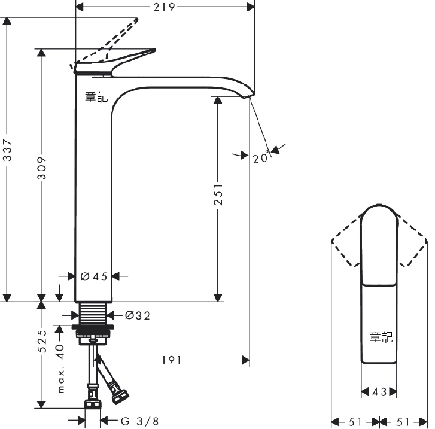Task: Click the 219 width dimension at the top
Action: click(x=164, y=7)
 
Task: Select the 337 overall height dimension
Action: click(x=7, y=150)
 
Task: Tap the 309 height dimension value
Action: click(x=42, y=168)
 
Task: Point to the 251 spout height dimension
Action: click(x=218, y=194)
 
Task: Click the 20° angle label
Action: click(x=260, y=157)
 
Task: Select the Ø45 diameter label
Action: click(x=94, y=276)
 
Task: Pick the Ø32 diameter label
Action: click(x=138, y=315)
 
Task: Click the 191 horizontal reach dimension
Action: click(x=171, y=360)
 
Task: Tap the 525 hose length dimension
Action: click(x=42, y=341)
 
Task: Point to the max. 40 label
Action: click(x=60, y=369)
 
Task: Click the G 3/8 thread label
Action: click(x=140, y=421)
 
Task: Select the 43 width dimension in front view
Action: click(x=379, y=392)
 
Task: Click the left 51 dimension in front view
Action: click(x=355, y=422)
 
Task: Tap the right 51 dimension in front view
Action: click(x=403, y=422)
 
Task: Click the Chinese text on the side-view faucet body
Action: click(x=96, y=97)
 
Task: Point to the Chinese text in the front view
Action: click(x=381, y=337)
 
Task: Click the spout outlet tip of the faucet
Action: click(x=249, y=96)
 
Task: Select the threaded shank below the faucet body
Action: click(x=93, y=314)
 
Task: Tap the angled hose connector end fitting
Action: click(x=120, y=396)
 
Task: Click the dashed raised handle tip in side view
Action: click(x=136, y=20)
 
